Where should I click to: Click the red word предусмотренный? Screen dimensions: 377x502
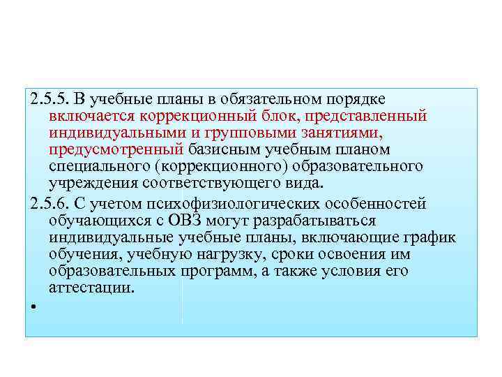(x=116, y=149)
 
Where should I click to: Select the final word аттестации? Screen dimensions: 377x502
(x=91, y=288)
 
